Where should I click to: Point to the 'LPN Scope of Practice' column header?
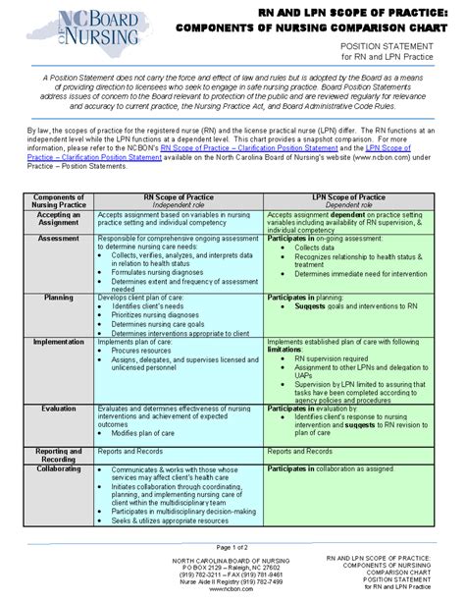pyautogui.click(x=363, y=197)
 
